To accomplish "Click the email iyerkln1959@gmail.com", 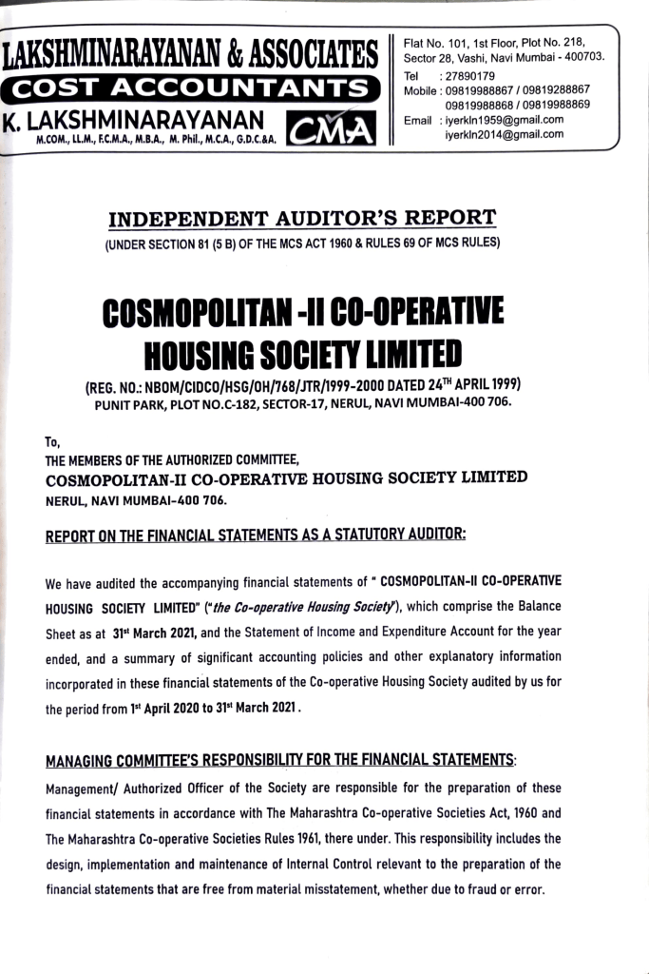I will [x=505, y=120].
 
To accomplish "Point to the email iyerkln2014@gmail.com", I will [x=505, y=134].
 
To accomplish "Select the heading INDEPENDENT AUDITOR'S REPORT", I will [x=302, y=220].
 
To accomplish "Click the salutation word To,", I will [x=52, y=441].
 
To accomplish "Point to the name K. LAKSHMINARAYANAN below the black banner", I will [x=133, y=121].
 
